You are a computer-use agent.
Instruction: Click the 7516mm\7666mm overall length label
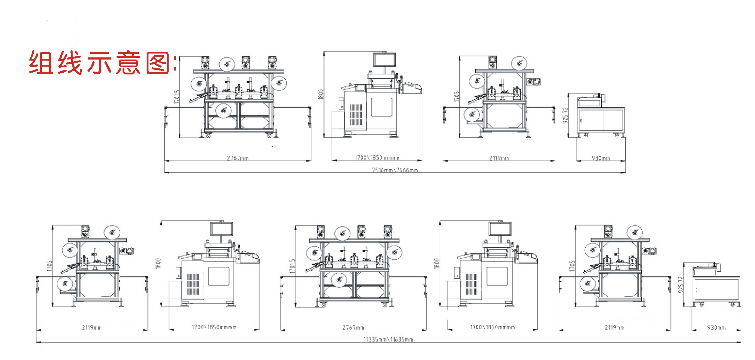tap(395, 170)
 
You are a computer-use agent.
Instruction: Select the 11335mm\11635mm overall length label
tap(388, 339)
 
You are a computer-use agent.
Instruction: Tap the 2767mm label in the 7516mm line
tap(238, 158)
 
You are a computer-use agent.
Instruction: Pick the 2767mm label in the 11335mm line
tap(353, 327)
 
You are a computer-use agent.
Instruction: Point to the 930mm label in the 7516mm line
tap(601, 158)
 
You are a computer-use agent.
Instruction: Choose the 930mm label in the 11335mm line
tap(716, 327)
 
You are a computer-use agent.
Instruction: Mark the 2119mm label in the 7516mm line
tap(499, 158)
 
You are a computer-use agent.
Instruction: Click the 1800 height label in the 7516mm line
tap(321, 94)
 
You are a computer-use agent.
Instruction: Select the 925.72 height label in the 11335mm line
tap(681, 285)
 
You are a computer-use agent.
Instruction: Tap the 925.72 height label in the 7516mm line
tap(565, 116)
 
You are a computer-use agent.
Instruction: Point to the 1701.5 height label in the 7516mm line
tap(177, 97)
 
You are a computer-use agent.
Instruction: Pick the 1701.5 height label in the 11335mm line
tap(292, 266)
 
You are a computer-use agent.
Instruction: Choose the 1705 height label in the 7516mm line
tap(456, 97)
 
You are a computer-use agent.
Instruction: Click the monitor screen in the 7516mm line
tap(384, 59)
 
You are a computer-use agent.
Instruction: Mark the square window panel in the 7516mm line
tap(382, 107)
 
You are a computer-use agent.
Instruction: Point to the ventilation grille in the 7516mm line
tap(356, 114)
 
